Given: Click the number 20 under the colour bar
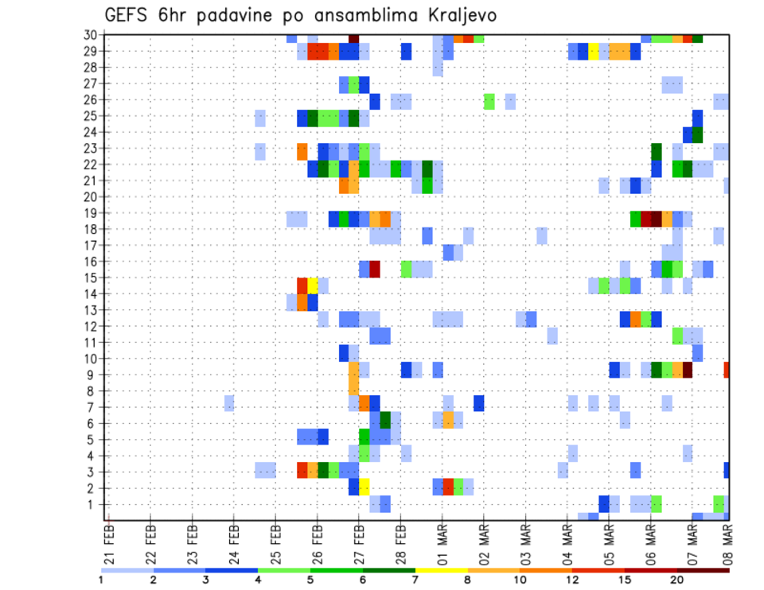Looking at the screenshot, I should (x=677, y=580).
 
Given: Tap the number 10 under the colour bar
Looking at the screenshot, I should (x=520, y=580).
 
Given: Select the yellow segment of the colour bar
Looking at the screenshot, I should (x=442, y=569).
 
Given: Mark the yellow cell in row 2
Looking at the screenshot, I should (x=364, y=487).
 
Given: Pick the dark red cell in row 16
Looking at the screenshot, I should (x=374, y=269).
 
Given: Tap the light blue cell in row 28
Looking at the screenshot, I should (x=438, y=68).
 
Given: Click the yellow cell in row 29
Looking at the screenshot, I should (x=593, y=52).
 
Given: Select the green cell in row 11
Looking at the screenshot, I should (x=677, y=336).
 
